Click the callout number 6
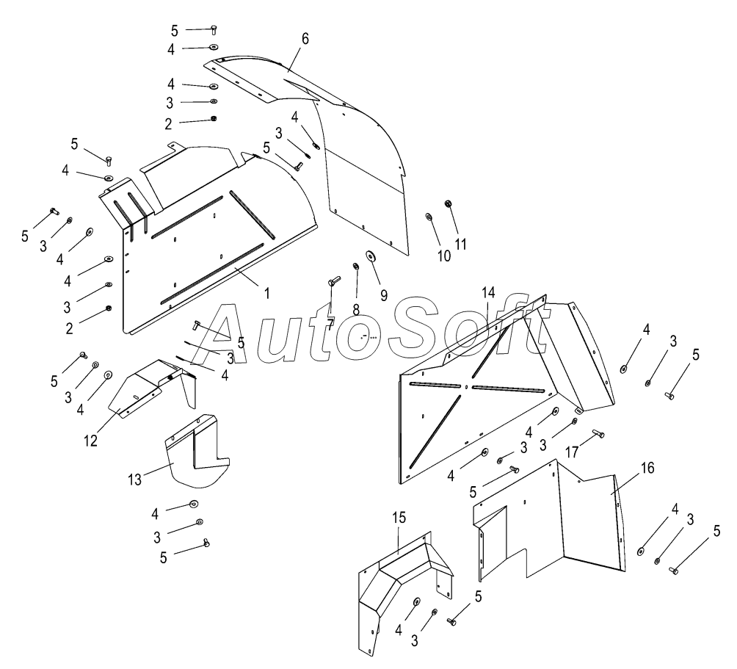pyautogui.click(x=305, y=39)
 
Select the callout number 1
pyautogui.click(x=267, y=294)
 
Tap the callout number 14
pyautogui.click(x=488, y=292)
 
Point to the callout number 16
pyautogui.click(x=647, y=468)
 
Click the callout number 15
pyautogui.click(x=399, y=518)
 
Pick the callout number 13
pyautogui.click(x=134, y=480)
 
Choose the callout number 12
pyautogui.click(x=91, y=441)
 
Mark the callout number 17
pyautogui.click(x=572, y=452)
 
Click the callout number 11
pyautogui.click(x=461, y=244)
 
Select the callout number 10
pyautogui.click(x=443, y=256)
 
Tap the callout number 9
pyautogui.click(x=384, y=296)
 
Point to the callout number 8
pyautogui.click(x=356, y=309)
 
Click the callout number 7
pyautogui.click(x=331, y=325)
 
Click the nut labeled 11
pyautogui.click(x=448, y=203)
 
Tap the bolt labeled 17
pyautogui.click(x=598, y=433)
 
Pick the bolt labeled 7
pyautogui.click(x=333, y=281)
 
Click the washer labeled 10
pyautogui.click(x=429, y=217)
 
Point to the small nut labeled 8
pyautogui.click(x=356, y=267)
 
